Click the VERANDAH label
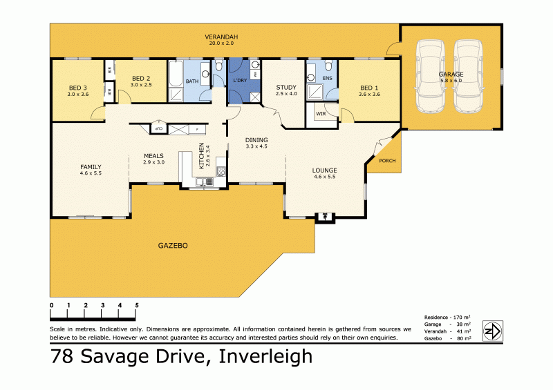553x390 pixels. click(x=221, y=37)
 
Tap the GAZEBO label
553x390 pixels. click(x=173, y=246)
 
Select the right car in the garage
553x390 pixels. click(x=470, y=75)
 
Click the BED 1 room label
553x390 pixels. click(x=369, y=88)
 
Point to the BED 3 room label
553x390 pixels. click(x=78, y=88)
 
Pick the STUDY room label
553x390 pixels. click(x=285, y=87)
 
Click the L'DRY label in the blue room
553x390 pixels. click(x=240, y=81)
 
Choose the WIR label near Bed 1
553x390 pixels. click(x=321, y=113)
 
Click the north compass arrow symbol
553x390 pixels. click(x=491, y=331)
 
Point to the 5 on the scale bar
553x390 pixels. click(x=137, y=305)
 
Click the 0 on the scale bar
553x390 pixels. click(x=52, y=305)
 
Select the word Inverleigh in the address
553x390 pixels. click(x=265, y=357)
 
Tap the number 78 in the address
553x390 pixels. click(x=64, y=357)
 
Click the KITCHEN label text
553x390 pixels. click(x=202, y=156)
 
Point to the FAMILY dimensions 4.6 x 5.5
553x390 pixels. click(x=91, y=173)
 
